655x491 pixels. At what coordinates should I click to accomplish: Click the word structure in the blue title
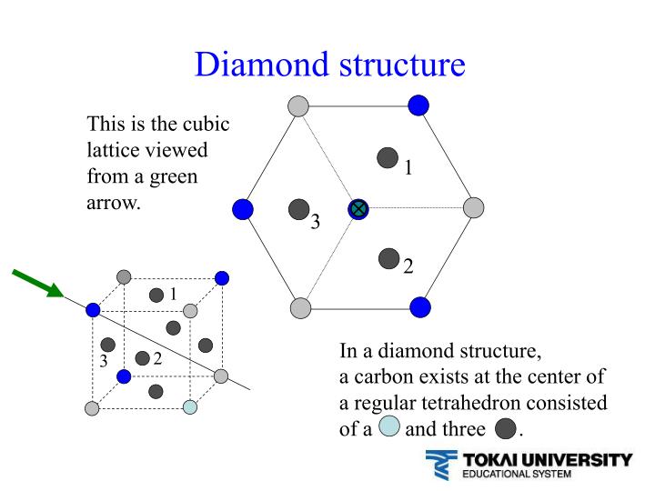398,64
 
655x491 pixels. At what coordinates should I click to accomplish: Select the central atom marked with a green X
358,209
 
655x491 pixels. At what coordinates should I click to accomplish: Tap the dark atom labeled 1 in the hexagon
388,157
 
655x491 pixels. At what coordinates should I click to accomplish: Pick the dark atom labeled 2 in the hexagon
389,258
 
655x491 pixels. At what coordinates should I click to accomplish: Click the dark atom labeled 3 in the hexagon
298,210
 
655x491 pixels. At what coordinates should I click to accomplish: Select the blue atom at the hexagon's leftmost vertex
243,209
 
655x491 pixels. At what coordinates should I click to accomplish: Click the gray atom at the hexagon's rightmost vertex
473,208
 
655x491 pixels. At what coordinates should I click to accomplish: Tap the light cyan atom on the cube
189,406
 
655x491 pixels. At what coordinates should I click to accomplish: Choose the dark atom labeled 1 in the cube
156,295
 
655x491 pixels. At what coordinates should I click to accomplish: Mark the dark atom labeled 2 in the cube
142,358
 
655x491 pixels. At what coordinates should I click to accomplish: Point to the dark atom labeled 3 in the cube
108,345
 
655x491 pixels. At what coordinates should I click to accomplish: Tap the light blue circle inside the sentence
389,427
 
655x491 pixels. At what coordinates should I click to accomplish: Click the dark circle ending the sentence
505,428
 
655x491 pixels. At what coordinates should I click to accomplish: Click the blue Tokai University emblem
439,465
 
